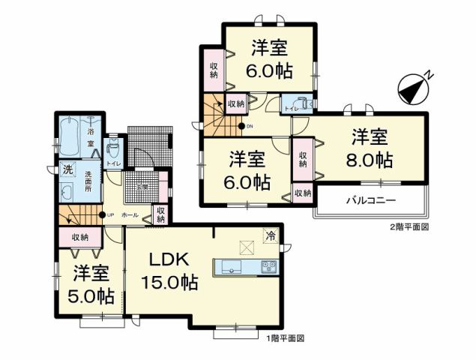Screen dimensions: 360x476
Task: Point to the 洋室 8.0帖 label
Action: pyautogui.click(x=371, y=148)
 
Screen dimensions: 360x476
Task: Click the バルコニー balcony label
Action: pyautogui.click(x=370, y=201)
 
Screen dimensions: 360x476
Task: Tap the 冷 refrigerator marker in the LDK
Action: pyautogui.click(x=270, y=235)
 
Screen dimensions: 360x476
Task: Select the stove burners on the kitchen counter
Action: pyautogui.click(x=269, y=267)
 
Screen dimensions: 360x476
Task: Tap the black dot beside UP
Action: pyautogui.click(x=101, y=215)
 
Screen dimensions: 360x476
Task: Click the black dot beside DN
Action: pyautogui.click(x=241, y=126)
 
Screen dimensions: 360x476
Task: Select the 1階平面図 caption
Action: pyautogui.click(x=285, y=340)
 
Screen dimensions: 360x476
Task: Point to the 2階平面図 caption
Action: pyautogui.click(x=408, y=226)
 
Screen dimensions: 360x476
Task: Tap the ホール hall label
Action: pyautogui.click(x=129, y=215)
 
